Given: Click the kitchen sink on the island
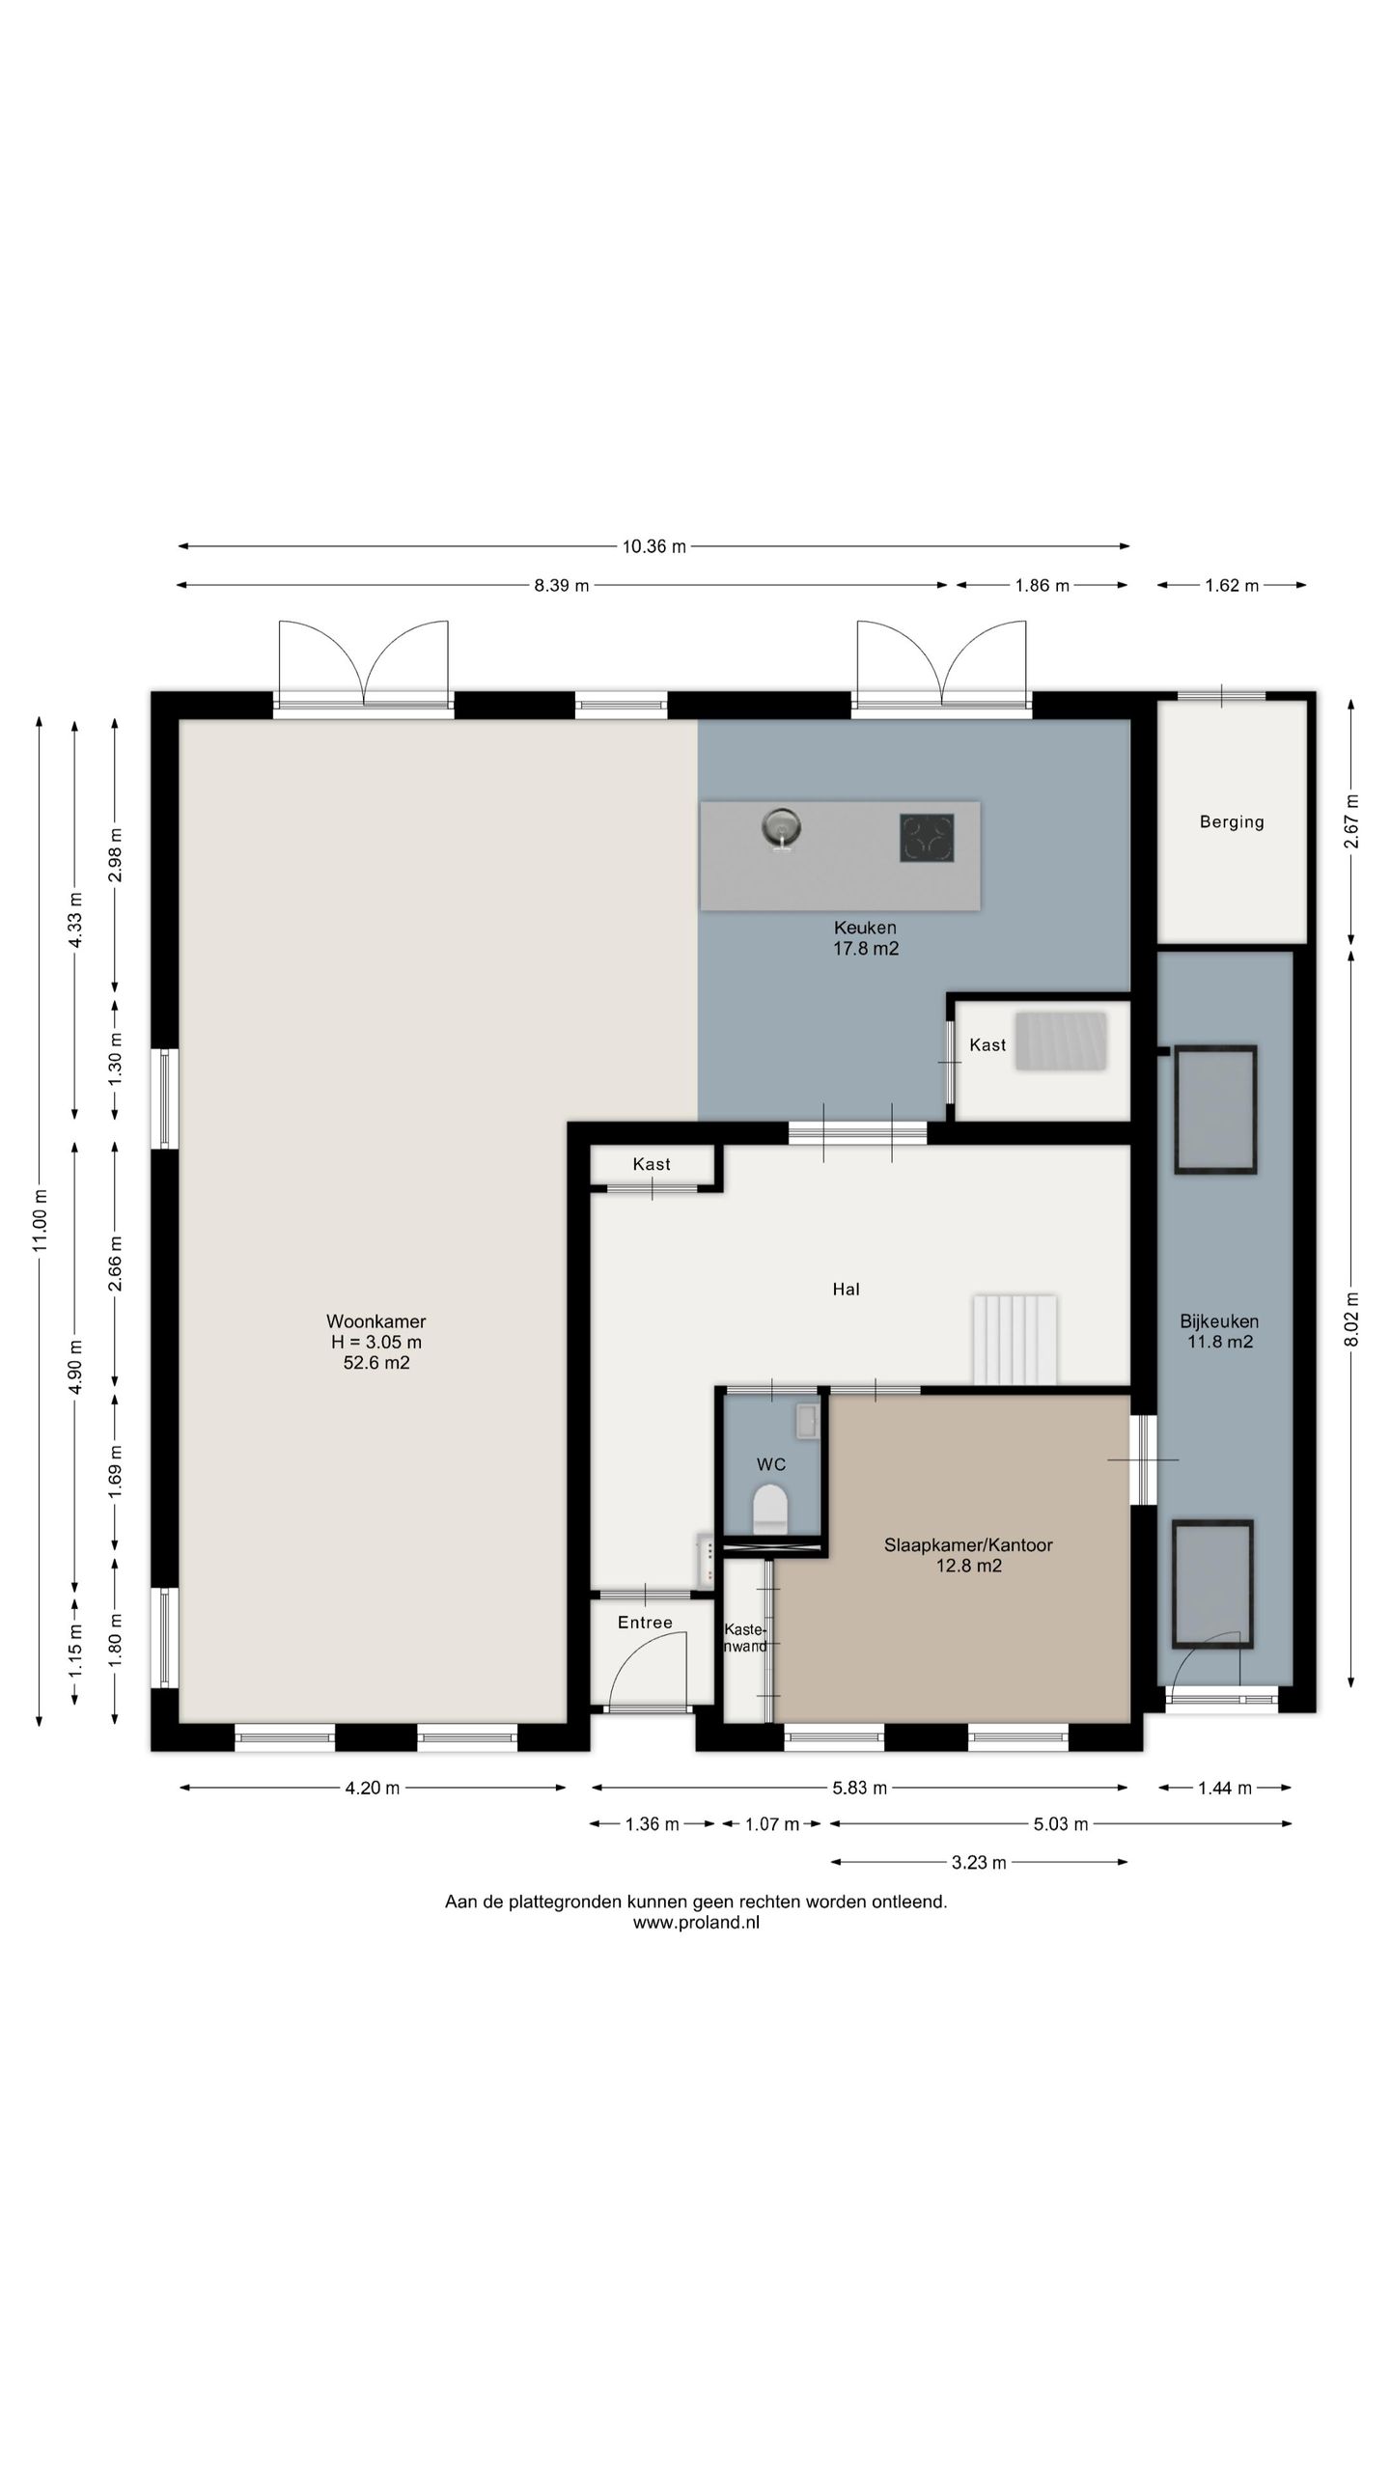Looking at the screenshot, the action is click(x=781, y=828).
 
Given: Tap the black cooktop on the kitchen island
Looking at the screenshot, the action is click(x=927, y=837).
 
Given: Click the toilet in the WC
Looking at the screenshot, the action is click(x=770, y=1510).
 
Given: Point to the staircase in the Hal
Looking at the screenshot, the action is click(x=1015, y=1339).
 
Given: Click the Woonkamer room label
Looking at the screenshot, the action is click(x=375, y=1321).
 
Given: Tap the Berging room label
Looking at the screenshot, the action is click(x=1232, y=822).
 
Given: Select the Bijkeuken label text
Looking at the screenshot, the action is click(x=1219, y=1321).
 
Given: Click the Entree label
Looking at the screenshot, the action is click(x=645, y=1623).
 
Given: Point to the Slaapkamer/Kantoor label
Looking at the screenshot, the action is click(x=968, y=1544).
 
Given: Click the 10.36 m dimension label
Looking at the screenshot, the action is click(x=653, y=546).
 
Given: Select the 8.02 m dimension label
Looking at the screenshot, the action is click(x=1351, y=1319).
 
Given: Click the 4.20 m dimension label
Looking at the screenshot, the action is click(x=373, y=1788).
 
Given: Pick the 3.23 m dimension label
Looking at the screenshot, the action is click(x=979, y=1862).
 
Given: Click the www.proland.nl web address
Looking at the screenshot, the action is click(x=696, y=1922).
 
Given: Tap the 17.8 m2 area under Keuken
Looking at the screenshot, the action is click(x=866, y=948).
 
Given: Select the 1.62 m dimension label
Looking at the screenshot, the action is click(x=1232, y=585).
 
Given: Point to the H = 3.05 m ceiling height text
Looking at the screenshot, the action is click(x=376, y=1342).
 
